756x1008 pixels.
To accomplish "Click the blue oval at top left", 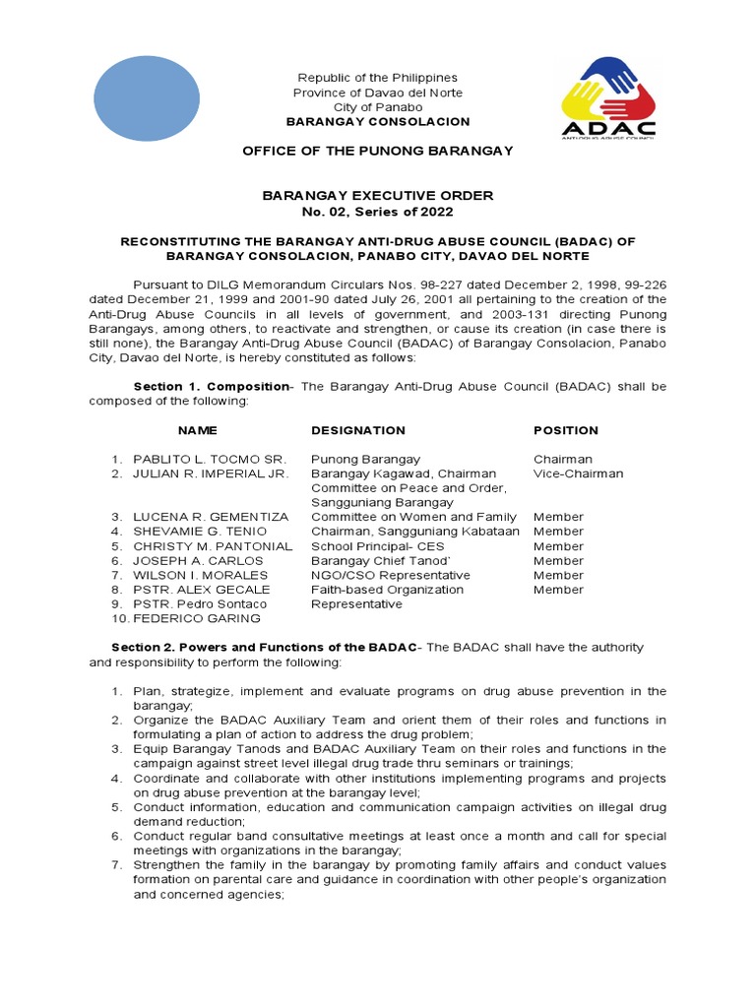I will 146,97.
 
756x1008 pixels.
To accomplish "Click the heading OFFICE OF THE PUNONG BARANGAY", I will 378,150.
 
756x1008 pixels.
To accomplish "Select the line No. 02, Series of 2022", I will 378,212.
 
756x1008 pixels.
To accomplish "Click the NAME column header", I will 197,430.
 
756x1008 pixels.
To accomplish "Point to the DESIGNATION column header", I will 358,430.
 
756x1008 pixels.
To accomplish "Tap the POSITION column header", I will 566,430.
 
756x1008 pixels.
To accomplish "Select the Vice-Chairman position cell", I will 579,473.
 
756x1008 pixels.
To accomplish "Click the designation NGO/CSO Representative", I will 391,575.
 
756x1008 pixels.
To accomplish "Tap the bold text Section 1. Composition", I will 211,387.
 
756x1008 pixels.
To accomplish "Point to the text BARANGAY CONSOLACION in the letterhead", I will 378,121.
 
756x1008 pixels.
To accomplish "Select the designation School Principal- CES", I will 378,546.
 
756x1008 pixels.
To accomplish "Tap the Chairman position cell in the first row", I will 563,459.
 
